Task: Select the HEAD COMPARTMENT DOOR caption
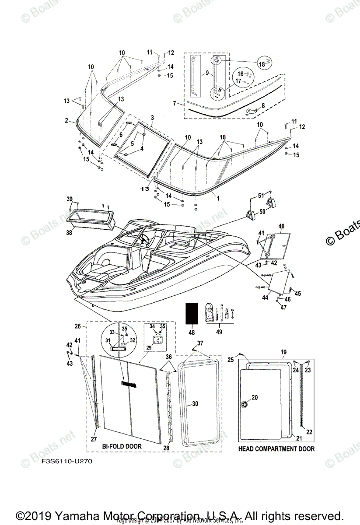click(x=276, y=448)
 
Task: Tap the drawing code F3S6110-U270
click(x=67, y=461)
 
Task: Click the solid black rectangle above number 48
click(x=190, y=314)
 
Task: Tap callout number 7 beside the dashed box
click(x=175, y=104)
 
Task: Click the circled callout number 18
click(x=262, y=64)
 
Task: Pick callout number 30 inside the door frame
click(x=195, y=404)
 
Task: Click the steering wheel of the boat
click(x=143, y=239)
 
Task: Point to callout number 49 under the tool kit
click(x=219, y=332)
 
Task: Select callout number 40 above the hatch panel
click(x=281, y=226)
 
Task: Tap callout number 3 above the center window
click(x=152, y=118)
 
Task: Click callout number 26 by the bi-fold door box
click(x=77, y=326)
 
